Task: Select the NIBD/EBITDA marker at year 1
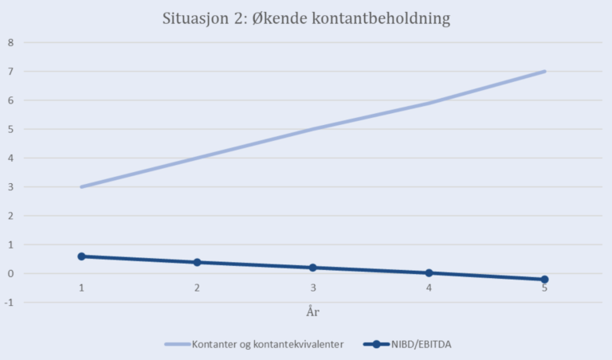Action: (81, 256)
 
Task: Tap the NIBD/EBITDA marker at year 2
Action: (197, 262)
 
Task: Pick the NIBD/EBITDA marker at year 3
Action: (313, 268)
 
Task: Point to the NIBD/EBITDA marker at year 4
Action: (429, 273)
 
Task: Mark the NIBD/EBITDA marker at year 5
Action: (544, 280)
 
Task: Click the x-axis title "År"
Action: (313, 311)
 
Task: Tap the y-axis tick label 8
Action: (11, 42)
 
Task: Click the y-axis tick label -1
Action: (10, 303)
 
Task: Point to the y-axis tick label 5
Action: (11, 129)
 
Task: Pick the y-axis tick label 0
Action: (11, 274)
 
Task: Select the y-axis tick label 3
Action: (11, 187)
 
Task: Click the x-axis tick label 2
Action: (197, 288)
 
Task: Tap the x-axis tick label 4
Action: (429, 288)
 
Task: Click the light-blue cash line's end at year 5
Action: (544, 72)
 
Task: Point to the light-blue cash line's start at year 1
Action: (81, 187)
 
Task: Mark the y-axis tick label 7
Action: (11, 72)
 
